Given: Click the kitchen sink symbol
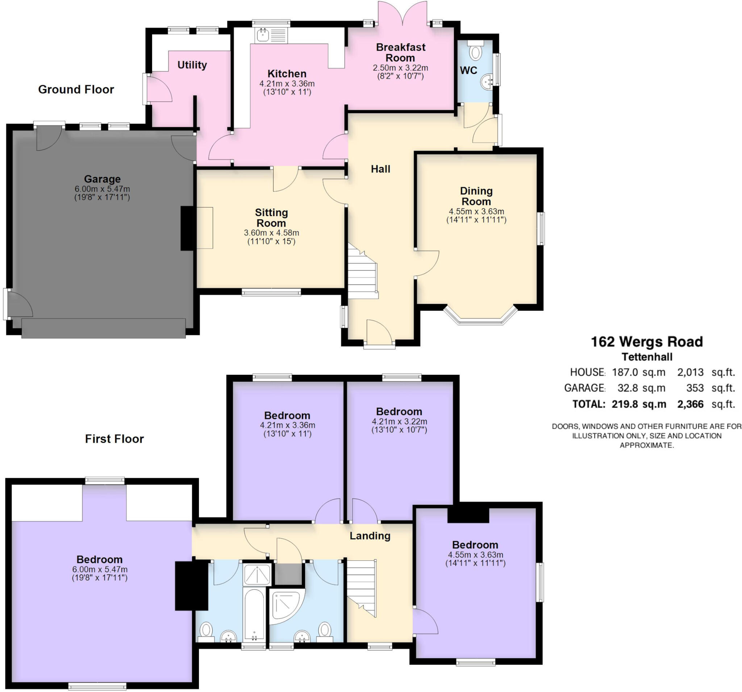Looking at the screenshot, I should point(271,36).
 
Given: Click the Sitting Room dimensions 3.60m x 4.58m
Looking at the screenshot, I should point(271,233).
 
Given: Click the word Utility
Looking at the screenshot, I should point(192,65).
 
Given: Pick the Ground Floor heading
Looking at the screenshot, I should point(76,89).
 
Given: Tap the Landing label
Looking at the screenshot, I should point(370,535).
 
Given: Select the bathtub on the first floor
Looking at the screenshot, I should point(254,615).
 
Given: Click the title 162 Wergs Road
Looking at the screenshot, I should point(647,341).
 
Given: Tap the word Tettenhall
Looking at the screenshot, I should point(647,357).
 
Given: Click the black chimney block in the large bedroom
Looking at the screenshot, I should point(191,585).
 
